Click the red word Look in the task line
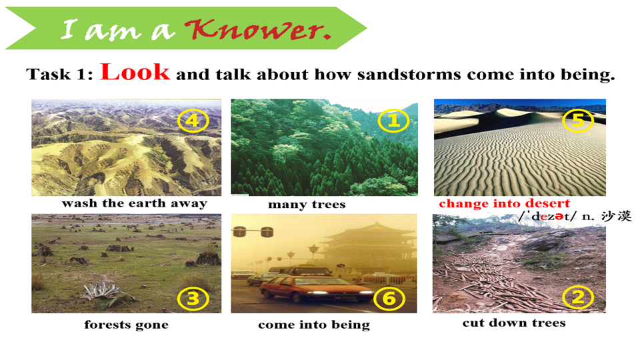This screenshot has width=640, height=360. tap(135, 72)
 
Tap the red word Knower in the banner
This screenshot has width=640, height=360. tap(258, 29)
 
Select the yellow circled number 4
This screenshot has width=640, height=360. tap(193, 121)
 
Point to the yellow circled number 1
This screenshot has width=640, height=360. tap(393, 121)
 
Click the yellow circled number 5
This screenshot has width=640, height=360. tap(578, 121)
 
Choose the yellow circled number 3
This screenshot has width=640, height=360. tap(193, 299)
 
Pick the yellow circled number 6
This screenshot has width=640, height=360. tap(389, 299)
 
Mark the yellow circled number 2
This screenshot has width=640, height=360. tap(578, 297)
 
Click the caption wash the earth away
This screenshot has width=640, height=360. tap(134, 203)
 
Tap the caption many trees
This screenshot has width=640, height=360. tap(307, 204)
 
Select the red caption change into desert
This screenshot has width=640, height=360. tap(505, 203)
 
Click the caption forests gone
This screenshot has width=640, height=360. tap(127, 325)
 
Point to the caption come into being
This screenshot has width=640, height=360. tap(314, 325)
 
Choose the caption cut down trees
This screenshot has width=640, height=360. tap(514, 323)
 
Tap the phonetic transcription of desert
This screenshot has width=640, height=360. tap(547, 216)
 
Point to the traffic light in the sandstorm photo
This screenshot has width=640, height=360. tap(253, 232)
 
